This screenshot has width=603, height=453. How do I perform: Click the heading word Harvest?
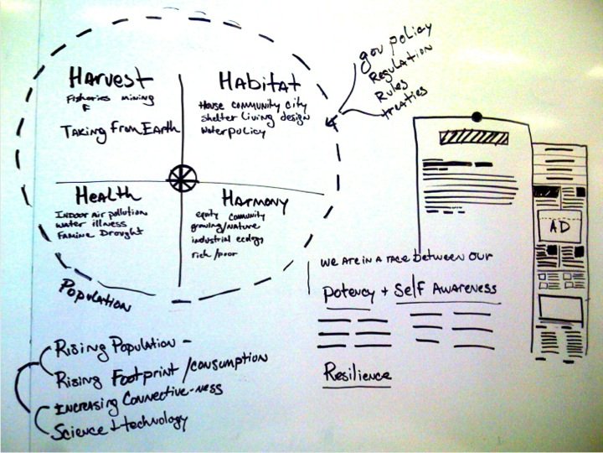click(x=111, y=79)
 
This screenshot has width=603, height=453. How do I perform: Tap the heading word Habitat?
click(x=259, y=82)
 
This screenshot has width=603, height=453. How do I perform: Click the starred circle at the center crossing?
click(x=182, y=178)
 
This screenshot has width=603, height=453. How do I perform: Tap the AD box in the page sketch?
click(x=555, y=227)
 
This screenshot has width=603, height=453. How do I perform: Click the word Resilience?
click(x=357, y=372)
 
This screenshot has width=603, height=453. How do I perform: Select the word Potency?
click(x=348, y=293)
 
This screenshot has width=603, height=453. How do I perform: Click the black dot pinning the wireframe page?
click(x=477, y=117)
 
